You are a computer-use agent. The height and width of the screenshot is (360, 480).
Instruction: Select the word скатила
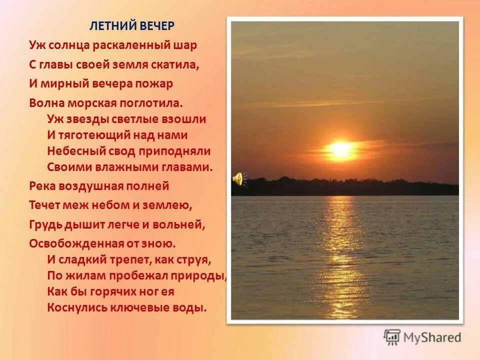[179, 64]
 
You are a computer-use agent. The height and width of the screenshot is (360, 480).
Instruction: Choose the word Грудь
[45, 225]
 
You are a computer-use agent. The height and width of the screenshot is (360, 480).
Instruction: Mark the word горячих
[112, 291]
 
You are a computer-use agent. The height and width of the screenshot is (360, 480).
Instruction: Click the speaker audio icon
[238, 178]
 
